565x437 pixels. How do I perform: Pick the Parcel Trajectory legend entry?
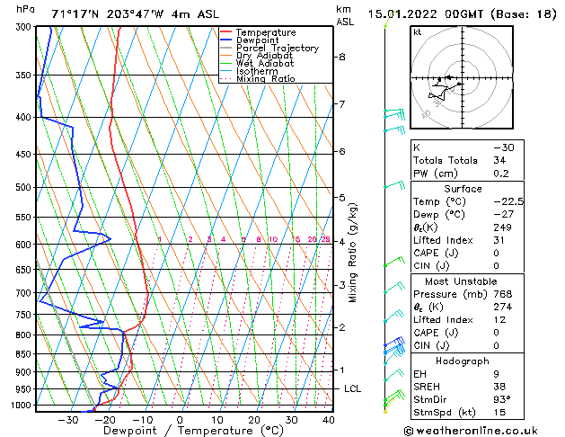[x=277, y=48]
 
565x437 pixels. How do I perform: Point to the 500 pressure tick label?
[x=24, y=188]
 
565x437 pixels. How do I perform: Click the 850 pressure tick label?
[x=24, y=354]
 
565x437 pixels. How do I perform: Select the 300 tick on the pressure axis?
[x=24, y=28]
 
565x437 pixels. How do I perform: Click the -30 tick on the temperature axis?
[x=68, y=420]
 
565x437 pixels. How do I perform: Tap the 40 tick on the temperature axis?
[x=328, y=420]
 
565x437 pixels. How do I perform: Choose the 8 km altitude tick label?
[x=342, y=57]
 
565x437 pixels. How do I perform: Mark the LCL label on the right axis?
[x=353, y=388]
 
